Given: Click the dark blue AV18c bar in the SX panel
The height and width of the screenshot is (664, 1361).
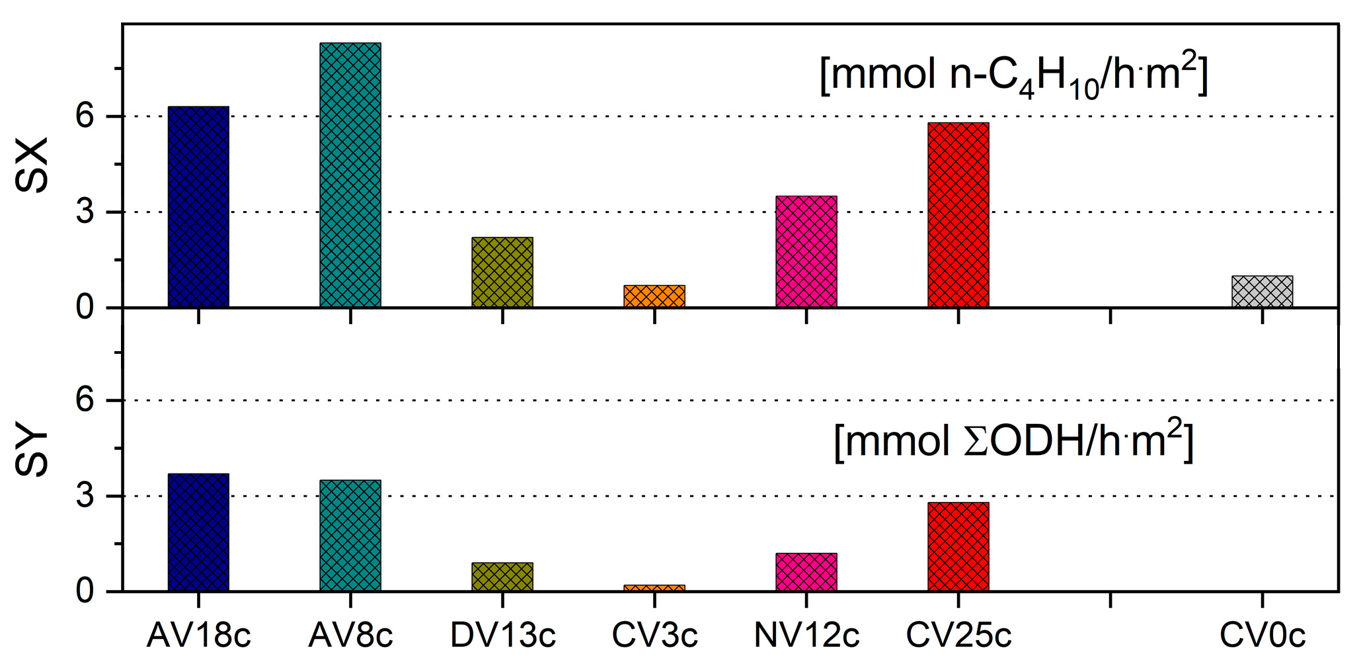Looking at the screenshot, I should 198,206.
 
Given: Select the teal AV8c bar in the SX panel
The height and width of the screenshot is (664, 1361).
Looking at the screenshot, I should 350,175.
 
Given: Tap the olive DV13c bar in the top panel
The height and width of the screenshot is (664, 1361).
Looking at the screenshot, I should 502,272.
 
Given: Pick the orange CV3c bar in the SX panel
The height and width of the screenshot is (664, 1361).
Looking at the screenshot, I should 654,296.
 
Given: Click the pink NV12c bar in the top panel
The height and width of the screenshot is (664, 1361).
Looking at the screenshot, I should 806,251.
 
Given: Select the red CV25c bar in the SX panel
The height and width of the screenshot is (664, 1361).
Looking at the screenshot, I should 958,214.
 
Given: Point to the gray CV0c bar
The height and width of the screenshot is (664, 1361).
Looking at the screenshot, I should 1262,292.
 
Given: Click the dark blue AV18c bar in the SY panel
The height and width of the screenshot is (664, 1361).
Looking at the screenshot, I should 198,532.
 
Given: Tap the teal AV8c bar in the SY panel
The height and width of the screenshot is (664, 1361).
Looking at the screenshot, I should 350,535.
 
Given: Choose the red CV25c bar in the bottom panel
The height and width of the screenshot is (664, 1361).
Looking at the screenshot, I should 958,546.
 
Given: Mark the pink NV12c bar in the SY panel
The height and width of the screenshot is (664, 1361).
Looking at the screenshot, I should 806,571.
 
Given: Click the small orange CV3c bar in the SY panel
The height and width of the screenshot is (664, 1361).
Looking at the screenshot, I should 654,588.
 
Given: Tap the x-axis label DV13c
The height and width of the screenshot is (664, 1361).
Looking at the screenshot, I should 503,636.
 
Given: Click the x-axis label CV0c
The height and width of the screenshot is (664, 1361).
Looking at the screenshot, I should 1262,636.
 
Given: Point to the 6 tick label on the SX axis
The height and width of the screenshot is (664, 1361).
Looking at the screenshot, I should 85,116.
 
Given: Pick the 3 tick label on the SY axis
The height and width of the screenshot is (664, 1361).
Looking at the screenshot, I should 85,496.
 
